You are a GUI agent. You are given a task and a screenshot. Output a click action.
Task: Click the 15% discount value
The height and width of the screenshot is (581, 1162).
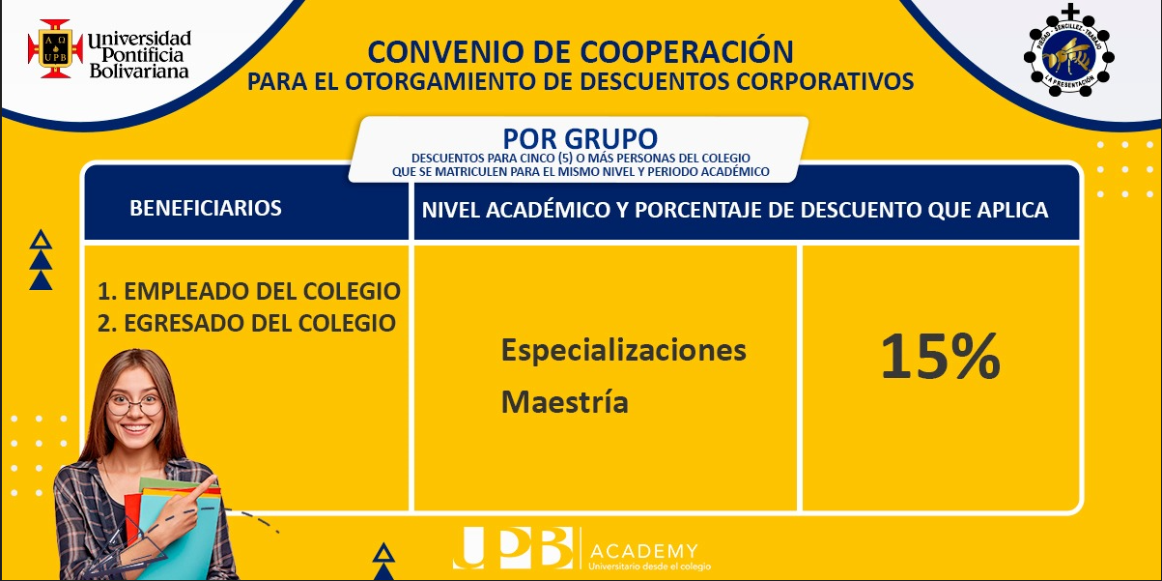coord(940,357)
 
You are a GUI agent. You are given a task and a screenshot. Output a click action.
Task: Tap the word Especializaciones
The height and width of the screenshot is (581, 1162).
coord(624,351)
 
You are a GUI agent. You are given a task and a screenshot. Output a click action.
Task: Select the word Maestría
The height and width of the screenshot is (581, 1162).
coord(564,401)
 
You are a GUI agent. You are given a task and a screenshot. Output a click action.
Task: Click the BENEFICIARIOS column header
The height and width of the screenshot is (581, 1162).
coord(206,208)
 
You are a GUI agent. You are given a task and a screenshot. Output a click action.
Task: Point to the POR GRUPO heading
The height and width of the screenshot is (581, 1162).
coord(580,138)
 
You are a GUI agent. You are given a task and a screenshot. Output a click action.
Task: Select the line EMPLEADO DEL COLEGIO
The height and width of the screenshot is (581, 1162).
coord(249,291)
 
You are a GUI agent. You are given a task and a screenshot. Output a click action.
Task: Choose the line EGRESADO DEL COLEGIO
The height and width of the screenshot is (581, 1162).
coord(247,323)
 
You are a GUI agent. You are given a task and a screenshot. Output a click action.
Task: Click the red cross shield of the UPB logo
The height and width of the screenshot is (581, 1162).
coord(55,48)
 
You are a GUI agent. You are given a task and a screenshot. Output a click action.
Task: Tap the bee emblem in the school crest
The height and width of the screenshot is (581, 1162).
coord(1068,56)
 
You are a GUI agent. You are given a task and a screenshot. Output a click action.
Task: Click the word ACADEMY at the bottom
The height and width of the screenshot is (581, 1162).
coord(643,551)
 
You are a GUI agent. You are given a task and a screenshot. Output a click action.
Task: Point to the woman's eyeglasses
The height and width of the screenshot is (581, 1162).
coord(134,404)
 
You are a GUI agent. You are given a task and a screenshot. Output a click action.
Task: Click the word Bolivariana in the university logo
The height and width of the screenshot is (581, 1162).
coord(139,72)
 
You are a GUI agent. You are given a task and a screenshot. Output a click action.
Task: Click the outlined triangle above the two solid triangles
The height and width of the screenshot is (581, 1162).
coord(41,240)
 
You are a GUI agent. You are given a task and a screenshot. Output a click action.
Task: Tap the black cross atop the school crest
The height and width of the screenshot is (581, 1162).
coord(1069,11)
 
